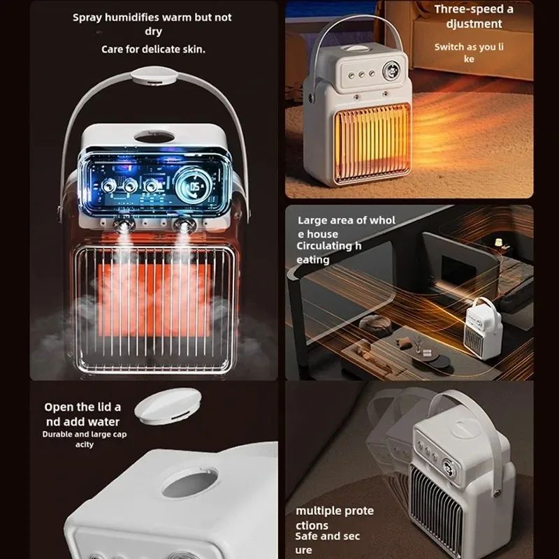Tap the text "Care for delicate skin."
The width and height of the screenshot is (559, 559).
[x=154, y=50]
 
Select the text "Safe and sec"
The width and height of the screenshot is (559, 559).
[x=328, y=537]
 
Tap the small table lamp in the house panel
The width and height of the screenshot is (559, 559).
[x=499, y=242]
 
